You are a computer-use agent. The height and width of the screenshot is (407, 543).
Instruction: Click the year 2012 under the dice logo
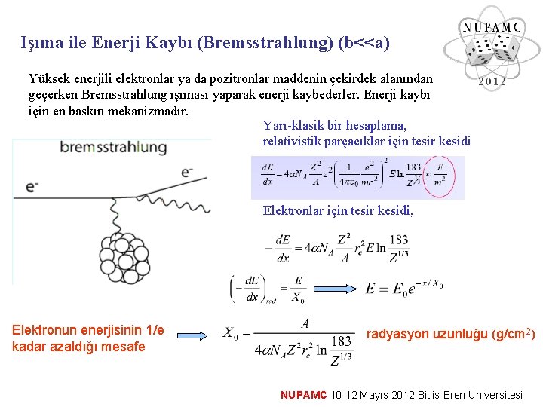[x=491, y=81]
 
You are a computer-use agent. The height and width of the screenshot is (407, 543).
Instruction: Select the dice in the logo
[x=490, y=53]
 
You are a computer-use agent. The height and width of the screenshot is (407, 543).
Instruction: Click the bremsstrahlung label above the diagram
[x=113, y=147]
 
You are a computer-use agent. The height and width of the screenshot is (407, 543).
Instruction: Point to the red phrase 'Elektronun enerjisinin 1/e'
[x=87, y=330]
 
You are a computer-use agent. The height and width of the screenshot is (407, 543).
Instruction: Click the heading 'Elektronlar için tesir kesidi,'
[x=338, y=210]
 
